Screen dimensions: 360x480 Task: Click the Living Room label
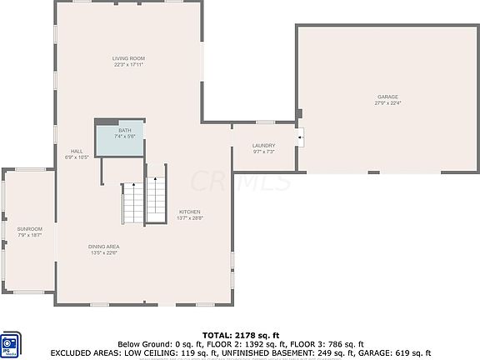pos(129,58)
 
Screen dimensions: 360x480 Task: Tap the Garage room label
pos(387,97)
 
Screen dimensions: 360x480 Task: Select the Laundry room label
pos(263,146)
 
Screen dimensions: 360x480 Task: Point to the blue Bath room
pos(118,138)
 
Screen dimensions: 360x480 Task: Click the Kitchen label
pos(189,212)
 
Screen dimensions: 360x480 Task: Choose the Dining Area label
pos(105,247)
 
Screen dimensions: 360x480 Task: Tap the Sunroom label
pos(30,229)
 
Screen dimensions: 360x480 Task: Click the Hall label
pos(77,151)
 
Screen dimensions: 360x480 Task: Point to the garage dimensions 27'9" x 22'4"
pos(387,103)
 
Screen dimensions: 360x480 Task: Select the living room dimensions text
pos(129,64)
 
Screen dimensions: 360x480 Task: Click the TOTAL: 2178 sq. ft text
pos(240,333)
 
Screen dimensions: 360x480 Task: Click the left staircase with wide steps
pos(133,203)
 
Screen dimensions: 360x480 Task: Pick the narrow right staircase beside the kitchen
pos(156,200)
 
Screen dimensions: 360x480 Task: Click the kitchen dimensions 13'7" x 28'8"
pos(189,217)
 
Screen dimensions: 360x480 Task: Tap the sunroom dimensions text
pos(30,235)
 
